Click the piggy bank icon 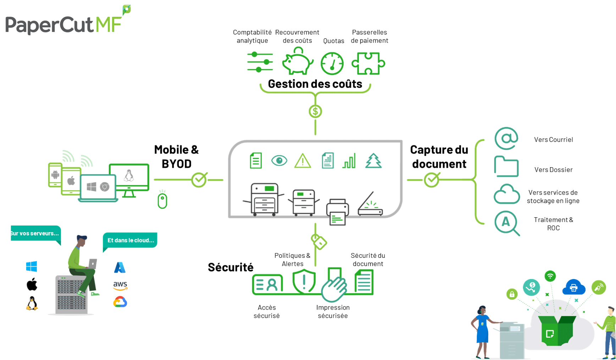[x=297, y=62]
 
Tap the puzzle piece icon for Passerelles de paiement [x=368, y=63]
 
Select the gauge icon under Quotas [x=332, y=64]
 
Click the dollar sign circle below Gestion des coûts [x=315, y=111]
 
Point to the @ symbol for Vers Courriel [x=506, y=138]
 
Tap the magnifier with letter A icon [x=507, y=223]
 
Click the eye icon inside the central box [x=279, y=160]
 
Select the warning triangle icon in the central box [x=303, y=161]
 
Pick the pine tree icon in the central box [x=373, y=161]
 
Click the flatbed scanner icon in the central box [x=370, y=205]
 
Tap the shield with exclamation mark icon [x=304, y=282]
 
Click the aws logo [x=120, y=285]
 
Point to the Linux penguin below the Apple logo [x=32, y=304]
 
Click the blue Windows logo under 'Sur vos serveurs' [x=32, y=266]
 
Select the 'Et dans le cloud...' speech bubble [x=130, y=240]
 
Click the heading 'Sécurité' [x=231, y=267]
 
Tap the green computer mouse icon [x=162, y=201]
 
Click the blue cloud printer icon [x=573, y=288]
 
